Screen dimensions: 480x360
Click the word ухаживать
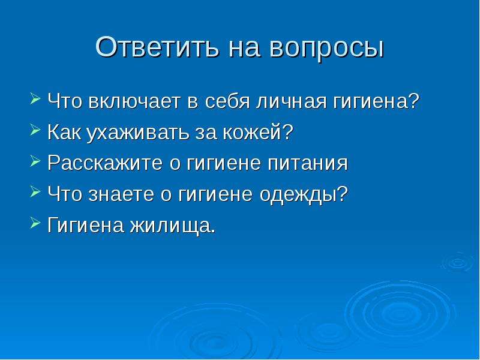[x=138, y=132]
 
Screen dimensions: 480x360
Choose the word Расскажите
[x=104, y=163]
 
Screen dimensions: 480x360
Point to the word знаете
[x=121, y=194]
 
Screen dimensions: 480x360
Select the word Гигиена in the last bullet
[x=86, y=226]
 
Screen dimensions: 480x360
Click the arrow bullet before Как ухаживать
[x=35, y=130]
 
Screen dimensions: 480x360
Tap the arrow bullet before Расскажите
[x=35, y=161]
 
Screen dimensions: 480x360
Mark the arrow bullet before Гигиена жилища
[x=35, y=223]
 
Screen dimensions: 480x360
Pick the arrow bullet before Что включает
[x=35, y=99]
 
